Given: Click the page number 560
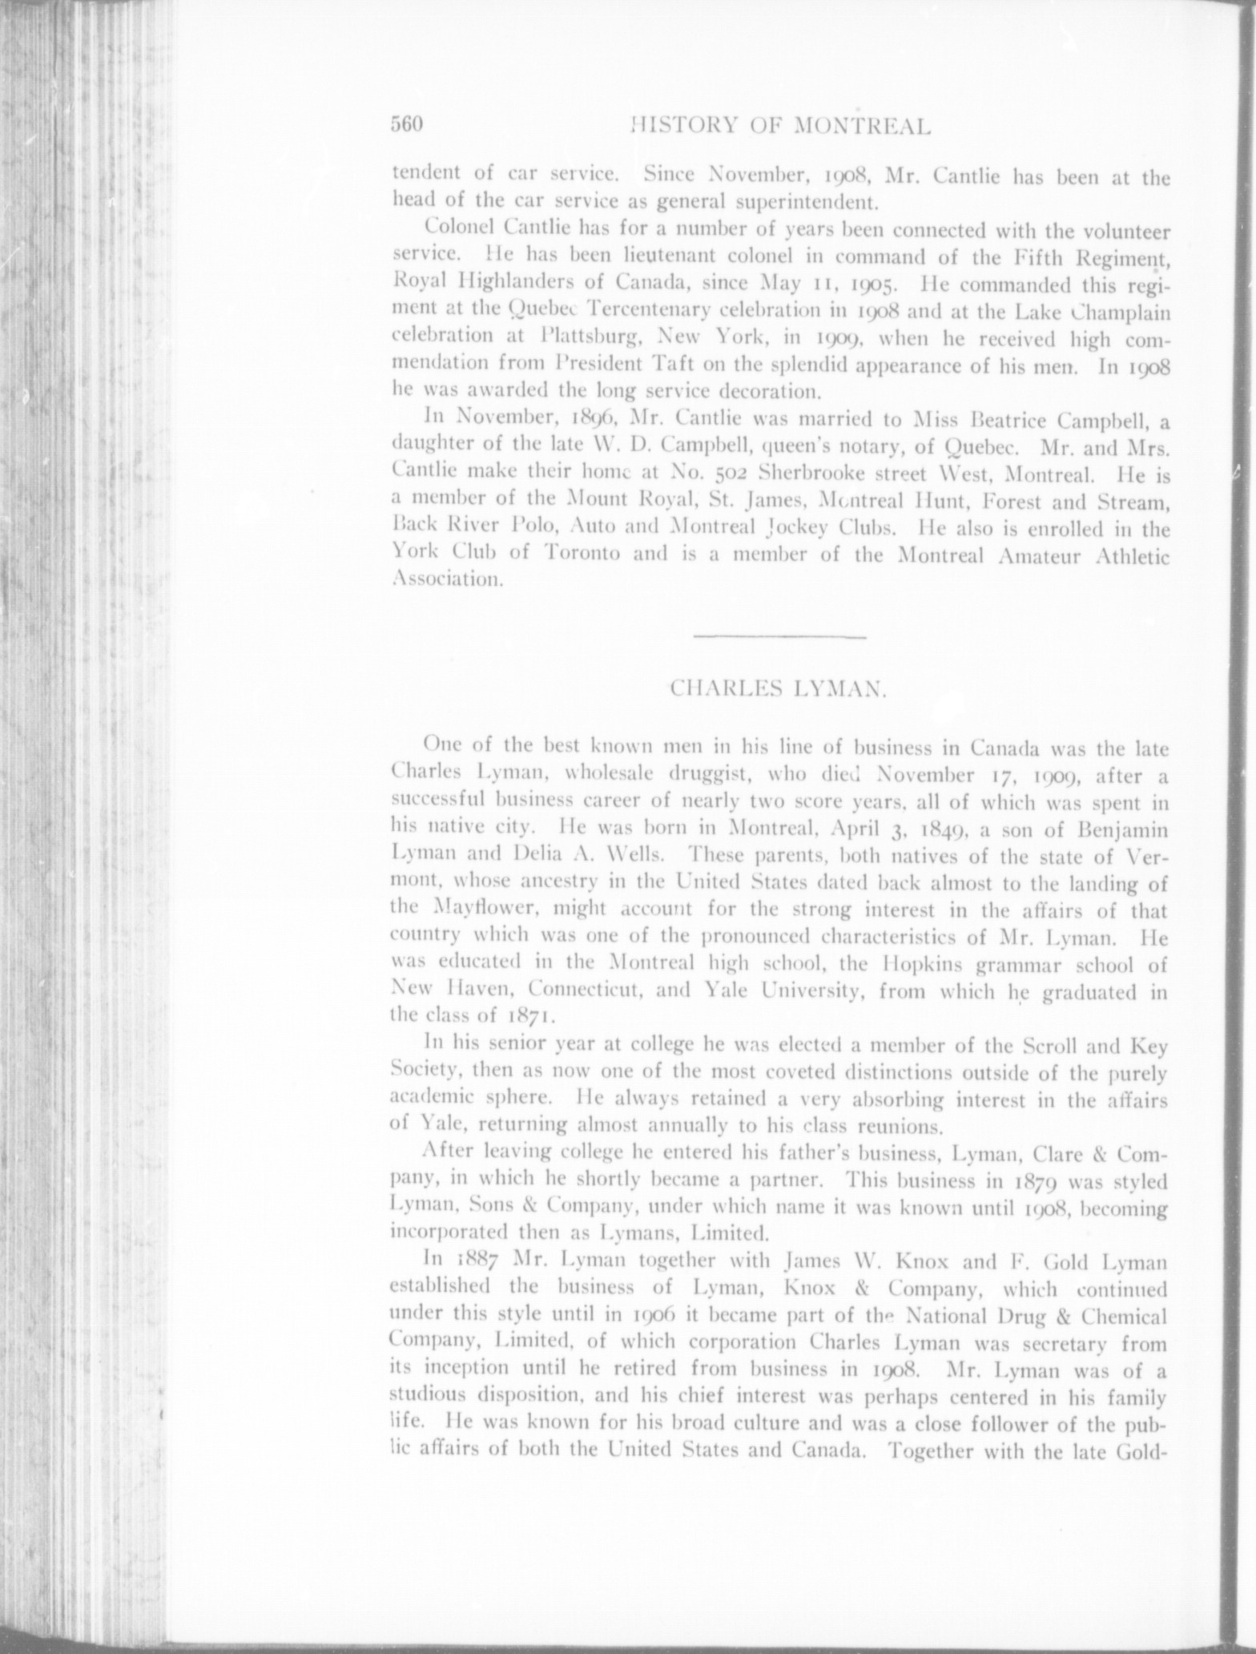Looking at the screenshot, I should pos(407,125).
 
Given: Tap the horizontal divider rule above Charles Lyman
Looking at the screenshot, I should pos(777,637).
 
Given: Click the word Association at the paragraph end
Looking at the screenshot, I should pos(448,581).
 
